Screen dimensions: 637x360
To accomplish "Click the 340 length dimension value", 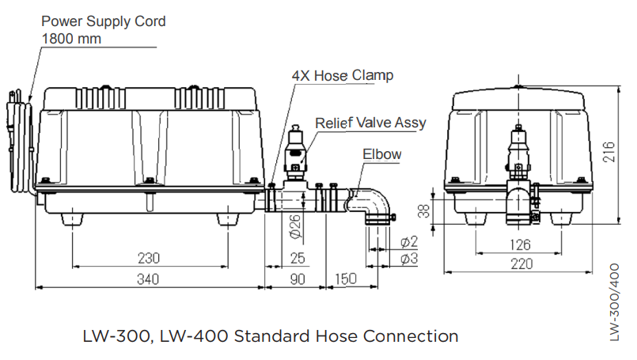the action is point(148,279).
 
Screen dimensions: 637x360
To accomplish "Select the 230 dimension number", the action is point(149,258).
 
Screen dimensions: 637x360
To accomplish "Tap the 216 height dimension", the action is point(609,153).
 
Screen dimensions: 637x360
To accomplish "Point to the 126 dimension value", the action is point(520,244).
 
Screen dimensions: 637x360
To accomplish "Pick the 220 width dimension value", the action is point(521,264).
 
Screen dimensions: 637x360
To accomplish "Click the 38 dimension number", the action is point(423,211).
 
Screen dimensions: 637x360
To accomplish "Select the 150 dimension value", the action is point(346,279).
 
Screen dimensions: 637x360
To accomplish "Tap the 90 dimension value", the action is point(298,279).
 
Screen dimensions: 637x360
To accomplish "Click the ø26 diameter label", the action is point(295,226).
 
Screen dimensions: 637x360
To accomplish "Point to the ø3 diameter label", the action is point(409,258).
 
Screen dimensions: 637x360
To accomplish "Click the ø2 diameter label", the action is point(409,242).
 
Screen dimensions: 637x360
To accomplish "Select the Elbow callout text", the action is point(382,154).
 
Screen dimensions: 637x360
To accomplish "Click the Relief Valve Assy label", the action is point(370,123).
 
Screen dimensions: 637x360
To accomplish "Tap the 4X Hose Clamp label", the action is point(343,76).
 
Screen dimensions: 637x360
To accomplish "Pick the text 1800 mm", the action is point(71,39).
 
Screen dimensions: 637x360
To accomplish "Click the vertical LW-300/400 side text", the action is point(615,302).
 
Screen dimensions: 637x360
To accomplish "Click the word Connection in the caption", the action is point(411,336).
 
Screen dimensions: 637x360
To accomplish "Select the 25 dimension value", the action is point(298,258).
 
